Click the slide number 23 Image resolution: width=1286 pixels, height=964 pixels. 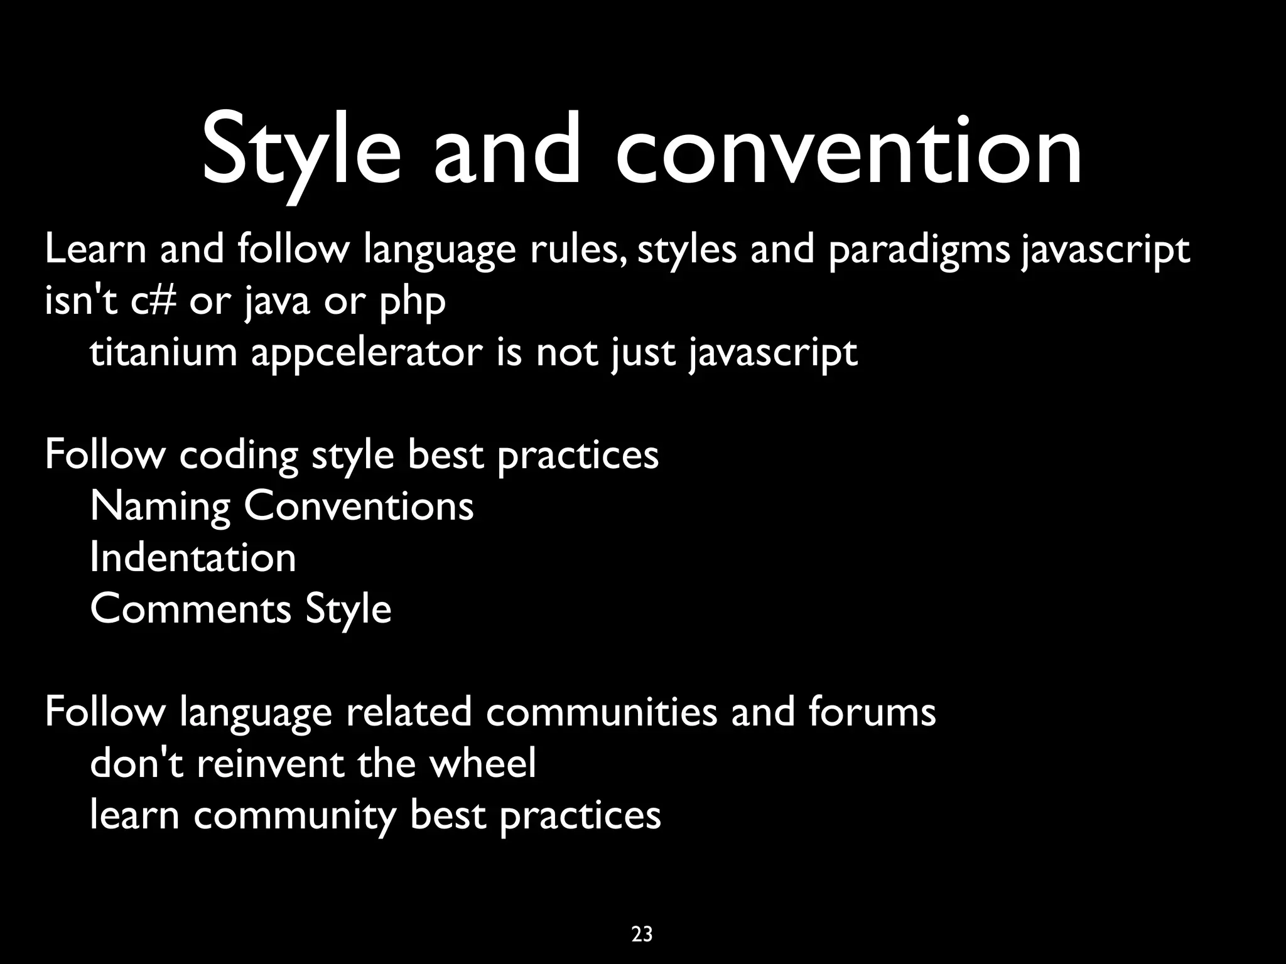(x=642, y=935)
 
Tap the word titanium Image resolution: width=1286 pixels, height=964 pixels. (x=163, y=352)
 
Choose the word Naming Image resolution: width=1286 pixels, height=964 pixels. (x=160, y=508)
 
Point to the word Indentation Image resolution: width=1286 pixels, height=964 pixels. (x=193, y=558)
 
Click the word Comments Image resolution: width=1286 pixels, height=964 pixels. (x=191, y=609)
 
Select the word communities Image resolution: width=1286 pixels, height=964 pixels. (x=601, y=712)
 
